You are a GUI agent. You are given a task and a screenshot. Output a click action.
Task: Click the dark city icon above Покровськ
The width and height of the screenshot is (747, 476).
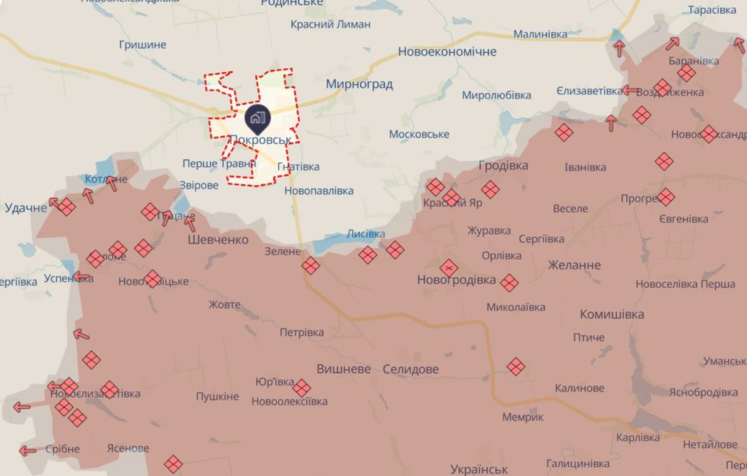[256, 116]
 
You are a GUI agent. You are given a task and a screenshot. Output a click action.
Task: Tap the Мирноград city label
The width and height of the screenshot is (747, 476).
[359, 84]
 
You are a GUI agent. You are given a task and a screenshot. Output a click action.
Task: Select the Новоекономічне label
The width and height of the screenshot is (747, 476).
[447, 52]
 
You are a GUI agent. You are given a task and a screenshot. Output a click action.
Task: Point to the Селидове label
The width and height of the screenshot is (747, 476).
[410, 369]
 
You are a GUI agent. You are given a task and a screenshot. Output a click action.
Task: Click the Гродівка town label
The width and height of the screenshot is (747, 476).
[503, 166]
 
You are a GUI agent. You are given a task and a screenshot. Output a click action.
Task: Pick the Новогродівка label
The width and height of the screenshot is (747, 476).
[456, 281]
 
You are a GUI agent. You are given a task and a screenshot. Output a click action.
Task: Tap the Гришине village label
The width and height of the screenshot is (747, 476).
[143, 44]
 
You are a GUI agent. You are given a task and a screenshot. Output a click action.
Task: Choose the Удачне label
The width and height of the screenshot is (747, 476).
[26, 207]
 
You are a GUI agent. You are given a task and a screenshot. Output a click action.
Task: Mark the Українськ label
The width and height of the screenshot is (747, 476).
[479, 469]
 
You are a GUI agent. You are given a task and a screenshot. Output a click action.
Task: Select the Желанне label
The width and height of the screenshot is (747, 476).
[574, 265]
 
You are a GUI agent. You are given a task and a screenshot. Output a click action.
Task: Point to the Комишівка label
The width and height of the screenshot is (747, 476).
[611, 314]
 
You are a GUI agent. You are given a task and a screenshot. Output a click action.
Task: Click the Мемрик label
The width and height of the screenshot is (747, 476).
[523, 417]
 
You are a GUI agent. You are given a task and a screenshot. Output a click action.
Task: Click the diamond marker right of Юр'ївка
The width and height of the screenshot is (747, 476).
[301, 388]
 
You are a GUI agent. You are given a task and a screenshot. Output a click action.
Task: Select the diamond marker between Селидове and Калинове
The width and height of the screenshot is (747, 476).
[516, 366]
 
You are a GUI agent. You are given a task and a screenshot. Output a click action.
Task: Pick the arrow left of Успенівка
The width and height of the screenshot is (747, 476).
[81, 276]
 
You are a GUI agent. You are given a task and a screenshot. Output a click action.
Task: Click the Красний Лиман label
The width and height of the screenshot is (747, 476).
[331, 24]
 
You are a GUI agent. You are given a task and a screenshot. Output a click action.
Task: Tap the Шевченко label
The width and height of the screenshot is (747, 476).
[218, 240]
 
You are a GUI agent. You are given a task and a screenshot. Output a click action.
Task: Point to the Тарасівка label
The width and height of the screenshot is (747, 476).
[712, 10]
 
